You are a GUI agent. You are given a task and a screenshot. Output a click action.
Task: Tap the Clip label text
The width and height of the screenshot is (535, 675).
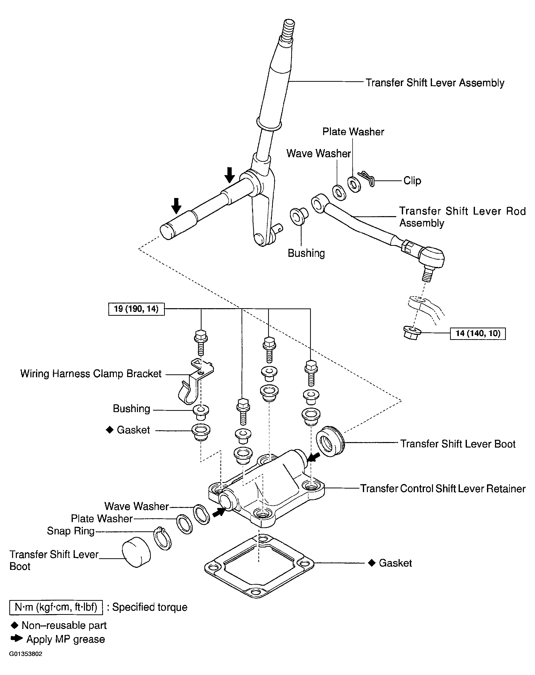(x=412, y=181)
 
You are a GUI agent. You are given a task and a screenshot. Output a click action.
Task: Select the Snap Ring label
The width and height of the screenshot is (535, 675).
(x=71, y=531)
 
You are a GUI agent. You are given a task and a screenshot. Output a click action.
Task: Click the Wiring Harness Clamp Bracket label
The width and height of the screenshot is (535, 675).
(x=91, y=374)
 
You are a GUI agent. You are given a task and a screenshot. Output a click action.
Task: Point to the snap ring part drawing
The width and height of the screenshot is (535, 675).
(x=163, y=538)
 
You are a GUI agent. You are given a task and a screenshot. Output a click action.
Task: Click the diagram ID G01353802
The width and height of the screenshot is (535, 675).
(x=26, y=654)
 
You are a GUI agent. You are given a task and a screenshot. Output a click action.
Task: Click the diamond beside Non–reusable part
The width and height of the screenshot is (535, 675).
(x=14, y=625)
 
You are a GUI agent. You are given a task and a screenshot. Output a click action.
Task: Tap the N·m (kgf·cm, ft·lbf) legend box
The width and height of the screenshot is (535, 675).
(x=56, y=607)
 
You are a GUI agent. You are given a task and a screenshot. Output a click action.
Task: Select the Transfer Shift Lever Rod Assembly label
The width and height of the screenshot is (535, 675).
(x=462, y=217)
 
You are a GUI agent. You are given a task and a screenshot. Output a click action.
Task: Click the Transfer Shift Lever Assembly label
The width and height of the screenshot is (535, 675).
(x=435, y=83)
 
